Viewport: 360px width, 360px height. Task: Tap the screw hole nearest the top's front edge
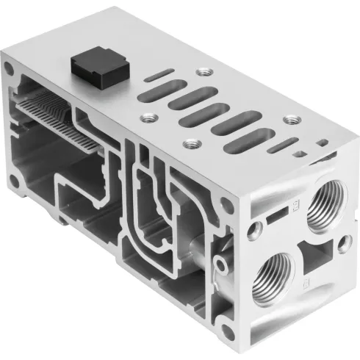pos(193,145)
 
